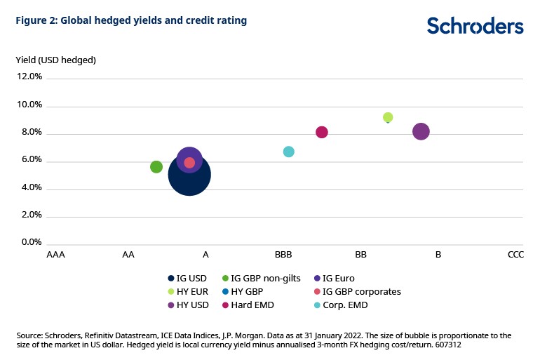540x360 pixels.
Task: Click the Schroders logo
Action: (475, 25)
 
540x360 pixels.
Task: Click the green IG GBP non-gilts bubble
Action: (156, 166)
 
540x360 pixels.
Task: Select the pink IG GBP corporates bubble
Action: (189, 163)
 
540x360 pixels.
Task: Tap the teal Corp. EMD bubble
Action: (288, 152)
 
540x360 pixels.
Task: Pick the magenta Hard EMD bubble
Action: (322, 132)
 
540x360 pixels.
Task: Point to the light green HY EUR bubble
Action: (388, 117)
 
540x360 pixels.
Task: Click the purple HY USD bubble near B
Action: (421, 131)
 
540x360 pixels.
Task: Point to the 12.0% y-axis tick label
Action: (30, 77)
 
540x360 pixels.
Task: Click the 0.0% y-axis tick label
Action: (32, 243)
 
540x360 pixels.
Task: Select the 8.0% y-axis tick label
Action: (32, 133)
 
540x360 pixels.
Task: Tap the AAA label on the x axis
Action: (55, 255)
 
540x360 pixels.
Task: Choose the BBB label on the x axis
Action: (283, 255)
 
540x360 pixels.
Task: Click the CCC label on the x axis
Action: (515, 255)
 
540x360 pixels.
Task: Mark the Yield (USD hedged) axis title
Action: (55, 60)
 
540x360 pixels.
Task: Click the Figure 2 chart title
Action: (131, 21)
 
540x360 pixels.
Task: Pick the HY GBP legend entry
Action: (247, 291)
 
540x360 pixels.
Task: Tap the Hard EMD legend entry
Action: (253, 305)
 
